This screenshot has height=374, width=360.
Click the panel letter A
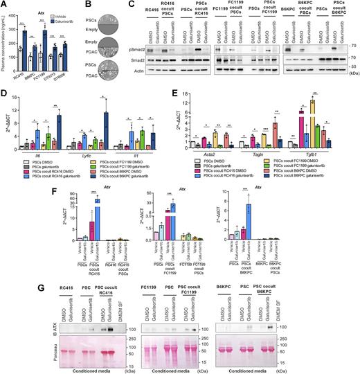[x=4, y=6]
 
